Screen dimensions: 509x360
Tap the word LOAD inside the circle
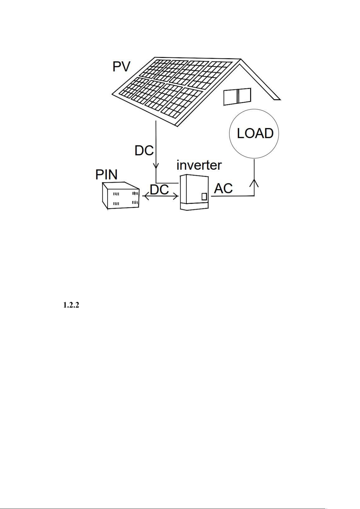(x=255, y=133)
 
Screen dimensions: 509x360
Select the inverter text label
(x=199, y=165)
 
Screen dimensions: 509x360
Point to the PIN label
(x=106, y=175)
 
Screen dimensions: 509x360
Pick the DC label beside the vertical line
(x=144, y=150)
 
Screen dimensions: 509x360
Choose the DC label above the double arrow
(x=159, y=190)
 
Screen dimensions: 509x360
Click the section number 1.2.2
(x=71, y=306)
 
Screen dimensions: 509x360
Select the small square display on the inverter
(x=204, y=197)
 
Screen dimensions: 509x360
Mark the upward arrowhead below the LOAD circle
(x=254, y=182)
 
